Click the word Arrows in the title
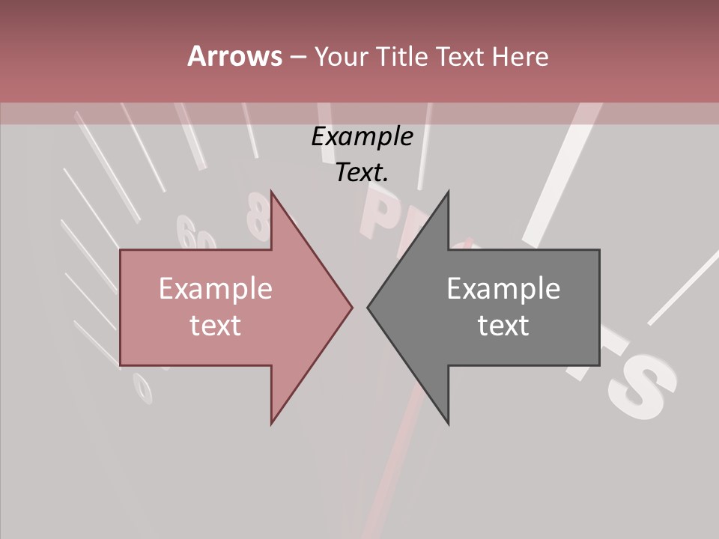point(234,56)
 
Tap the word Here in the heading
point(521,56)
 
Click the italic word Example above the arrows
point(362,137)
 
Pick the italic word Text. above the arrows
point(362,172)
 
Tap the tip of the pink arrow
point(350,307)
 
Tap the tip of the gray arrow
point(370,307)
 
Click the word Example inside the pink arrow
point(216,289)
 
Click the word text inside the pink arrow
point(216,326)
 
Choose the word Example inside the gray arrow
point(503,289)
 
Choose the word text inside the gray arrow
point(503,326)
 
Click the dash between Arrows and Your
point(297,57)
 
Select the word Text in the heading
point(461,56)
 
